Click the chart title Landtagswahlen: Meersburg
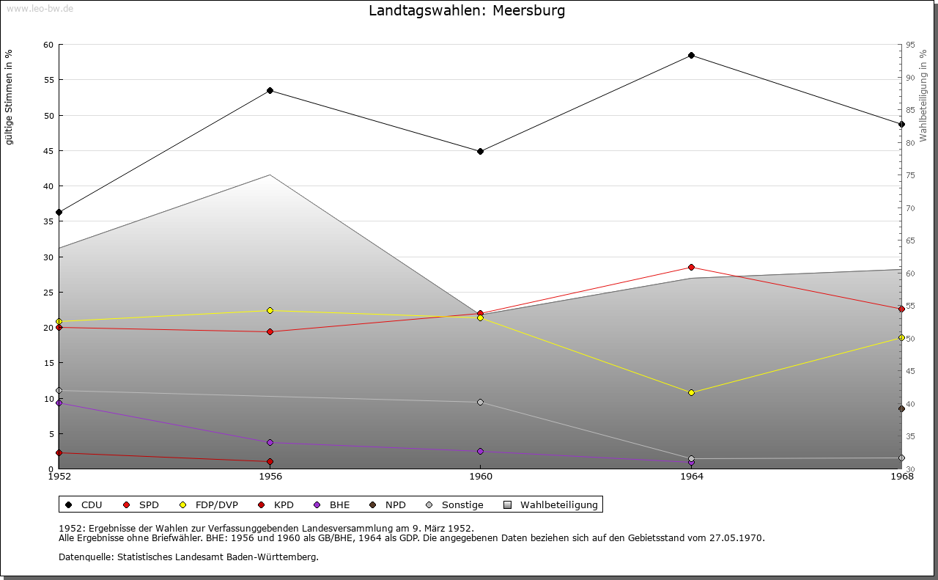click(x=467, y=11)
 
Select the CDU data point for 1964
click(x=691, y=56)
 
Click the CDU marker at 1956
click(x=270, y=91)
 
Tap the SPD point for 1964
click(x=691, y=267)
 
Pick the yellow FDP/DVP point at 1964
click(x=691, y=392)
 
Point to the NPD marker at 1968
click(x=901, y=408)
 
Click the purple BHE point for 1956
click(x=270, y=442)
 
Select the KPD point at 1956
click(x=270, y=461)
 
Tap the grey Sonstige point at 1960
click(x=480, y=402)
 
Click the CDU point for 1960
click(x=480, y=151)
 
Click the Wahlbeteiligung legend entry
click(x=558, y=504)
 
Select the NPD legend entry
click(x=395, y=504)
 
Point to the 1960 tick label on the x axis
click(x=480, y=477)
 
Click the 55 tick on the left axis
click(x=48, y=80)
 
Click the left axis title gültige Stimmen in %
click(x=9, y=97)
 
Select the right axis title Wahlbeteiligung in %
click(x=923, y=95)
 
